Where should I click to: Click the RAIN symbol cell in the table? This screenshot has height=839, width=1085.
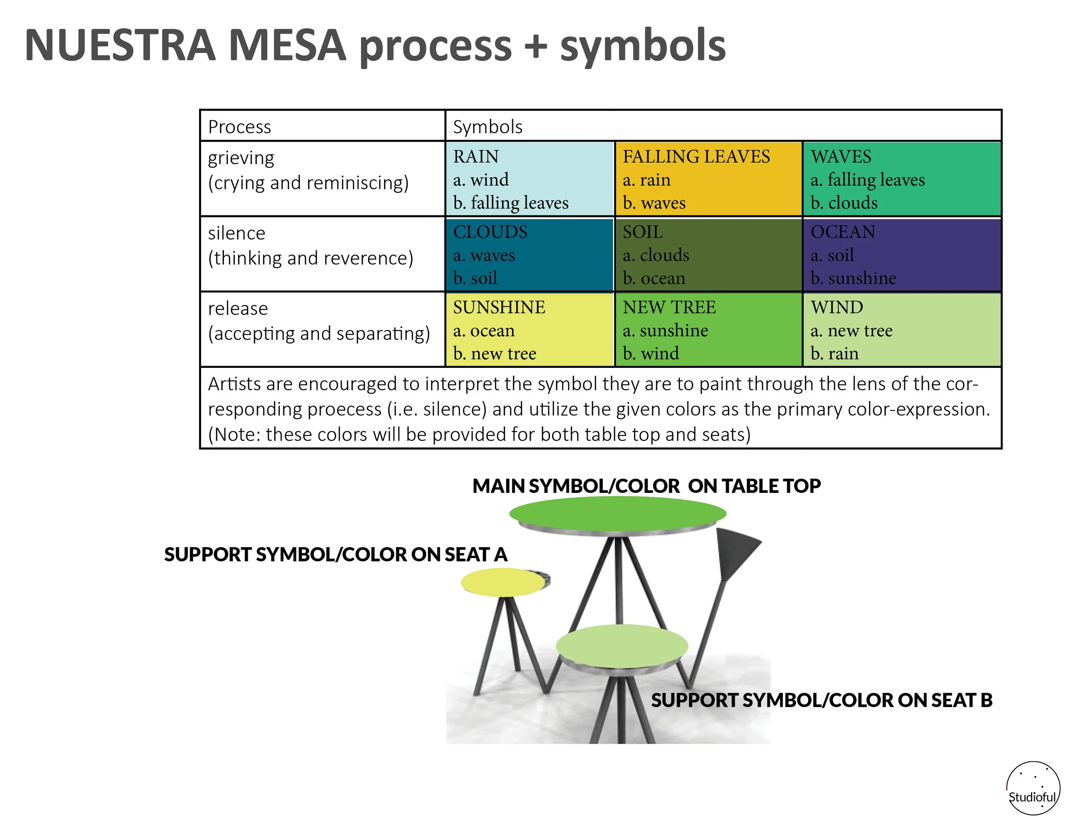tap(529, 179)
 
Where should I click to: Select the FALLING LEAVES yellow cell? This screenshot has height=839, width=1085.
tap(708, 179)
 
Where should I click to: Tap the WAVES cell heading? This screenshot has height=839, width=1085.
tap(841, 157)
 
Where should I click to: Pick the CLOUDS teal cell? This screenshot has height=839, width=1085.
tap(529, 254)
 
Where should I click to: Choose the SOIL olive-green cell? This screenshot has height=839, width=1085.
tap(708, 254)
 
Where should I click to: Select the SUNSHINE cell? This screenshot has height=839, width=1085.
tap(529, 330)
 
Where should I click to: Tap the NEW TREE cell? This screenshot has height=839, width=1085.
tap(708, 330)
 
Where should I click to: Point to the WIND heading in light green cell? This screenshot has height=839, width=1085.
tap(837, 307)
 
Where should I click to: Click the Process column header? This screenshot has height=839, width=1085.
tap(240, 127)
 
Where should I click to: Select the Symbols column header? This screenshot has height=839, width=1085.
tap(487, 127)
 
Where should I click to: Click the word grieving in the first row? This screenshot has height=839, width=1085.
tap(241, 158)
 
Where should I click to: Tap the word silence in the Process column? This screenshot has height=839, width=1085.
tap(237, 233)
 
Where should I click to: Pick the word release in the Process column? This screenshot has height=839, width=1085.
tap(238, 309)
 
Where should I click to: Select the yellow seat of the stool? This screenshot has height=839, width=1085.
tap(503, 582)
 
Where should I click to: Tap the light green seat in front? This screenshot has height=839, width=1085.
tap(621, 646)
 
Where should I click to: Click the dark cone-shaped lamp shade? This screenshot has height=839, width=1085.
tap(735, 552)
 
